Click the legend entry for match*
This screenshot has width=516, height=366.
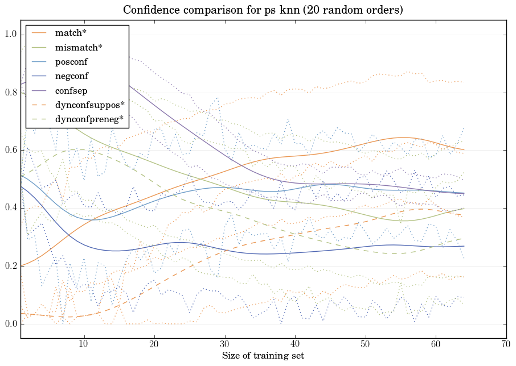(70, 33)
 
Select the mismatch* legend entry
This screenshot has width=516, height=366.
(76, 47)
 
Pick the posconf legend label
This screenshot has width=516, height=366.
(72, 61)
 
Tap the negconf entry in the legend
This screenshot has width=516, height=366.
(72, 76)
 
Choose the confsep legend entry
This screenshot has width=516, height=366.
(71, 90)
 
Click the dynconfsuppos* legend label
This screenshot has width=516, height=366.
(86, 105)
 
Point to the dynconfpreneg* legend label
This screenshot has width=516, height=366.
(87, 119)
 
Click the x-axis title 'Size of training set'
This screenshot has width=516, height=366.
(263, 356)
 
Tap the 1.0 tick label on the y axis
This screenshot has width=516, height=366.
(10, 35)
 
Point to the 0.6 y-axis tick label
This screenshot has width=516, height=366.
(10, 151)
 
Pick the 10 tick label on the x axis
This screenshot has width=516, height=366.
(84, 344)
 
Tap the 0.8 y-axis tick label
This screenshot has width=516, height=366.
(10, 93)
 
